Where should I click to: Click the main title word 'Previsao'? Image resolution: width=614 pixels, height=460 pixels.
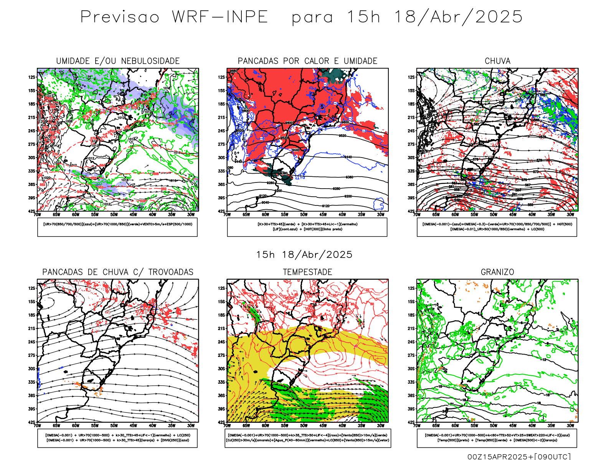pos(120,17)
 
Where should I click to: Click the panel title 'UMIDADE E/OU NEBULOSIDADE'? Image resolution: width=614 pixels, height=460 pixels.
pos(118,61)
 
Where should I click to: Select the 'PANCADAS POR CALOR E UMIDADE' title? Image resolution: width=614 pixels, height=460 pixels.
pos(307,61)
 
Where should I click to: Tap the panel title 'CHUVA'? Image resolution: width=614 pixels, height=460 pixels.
pos(497,61)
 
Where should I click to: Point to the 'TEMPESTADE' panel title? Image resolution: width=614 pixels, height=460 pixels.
pos(307,272)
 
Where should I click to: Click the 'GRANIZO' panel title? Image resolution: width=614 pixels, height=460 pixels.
pos(497,272)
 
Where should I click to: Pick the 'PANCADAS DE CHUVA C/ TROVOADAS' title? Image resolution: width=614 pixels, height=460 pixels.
pos(118,272)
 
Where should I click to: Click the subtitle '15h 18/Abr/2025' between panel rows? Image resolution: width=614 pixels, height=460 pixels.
pos(304,255)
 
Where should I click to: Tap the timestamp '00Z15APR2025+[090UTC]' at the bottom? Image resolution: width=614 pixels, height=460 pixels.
pos(519,456)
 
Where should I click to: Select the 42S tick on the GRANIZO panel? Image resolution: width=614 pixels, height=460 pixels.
pos(411,422)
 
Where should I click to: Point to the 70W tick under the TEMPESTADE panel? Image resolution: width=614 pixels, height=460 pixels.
pos(227,426)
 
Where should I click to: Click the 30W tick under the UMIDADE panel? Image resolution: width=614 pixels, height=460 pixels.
pos(191,215)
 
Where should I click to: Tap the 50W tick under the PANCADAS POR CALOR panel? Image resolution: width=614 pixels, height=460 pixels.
pos(304,215)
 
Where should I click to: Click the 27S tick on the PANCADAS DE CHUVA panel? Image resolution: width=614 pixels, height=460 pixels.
pos(31,355)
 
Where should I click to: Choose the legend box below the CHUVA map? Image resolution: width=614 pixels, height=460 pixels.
pos(497,227)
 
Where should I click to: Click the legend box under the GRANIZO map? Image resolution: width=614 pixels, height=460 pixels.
pos(497,438)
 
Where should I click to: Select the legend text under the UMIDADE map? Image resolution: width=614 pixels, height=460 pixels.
pos(117,224)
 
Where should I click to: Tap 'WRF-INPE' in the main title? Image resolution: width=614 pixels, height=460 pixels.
pos(220,17)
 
